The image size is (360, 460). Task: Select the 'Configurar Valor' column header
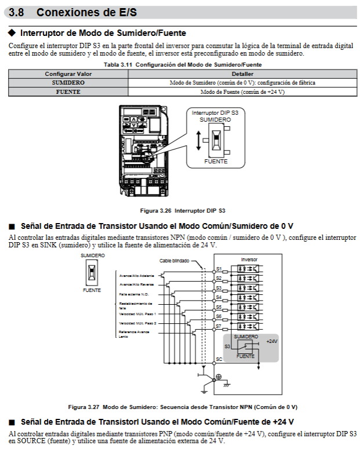pyautogui.click(x=68, y=74)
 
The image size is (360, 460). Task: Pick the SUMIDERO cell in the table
pyautogui.click(x=68, y=83)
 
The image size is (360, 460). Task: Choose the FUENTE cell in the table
pyautogui.click(x=68, y=92)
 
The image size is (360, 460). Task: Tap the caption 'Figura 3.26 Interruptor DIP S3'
pyautogui.click(x=183, y=210)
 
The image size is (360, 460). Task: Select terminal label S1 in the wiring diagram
pyautogui.click(x=219, y=269)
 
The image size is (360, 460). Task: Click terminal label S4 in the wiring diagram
pyautogui.click(x=219, y=297)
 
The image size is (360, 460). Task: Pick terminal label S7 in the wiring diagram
pyautogui.click(x=219, y=326)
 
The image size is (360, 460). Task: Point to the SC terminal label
pyautogui.click(x=219, y=359)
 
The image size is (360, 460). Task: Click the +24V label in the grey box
pyautogui.click(x=271, y=341)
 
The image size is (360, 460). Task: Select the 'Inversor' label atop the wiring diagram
pyautogui.click(x=249, y=259)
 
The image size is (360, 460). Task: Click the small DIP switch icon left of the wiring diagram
pyautogui.click(x=92, y=272)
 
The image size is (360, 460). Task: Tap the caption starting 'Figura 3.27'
pyautogui.click(x=183, y=406)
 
